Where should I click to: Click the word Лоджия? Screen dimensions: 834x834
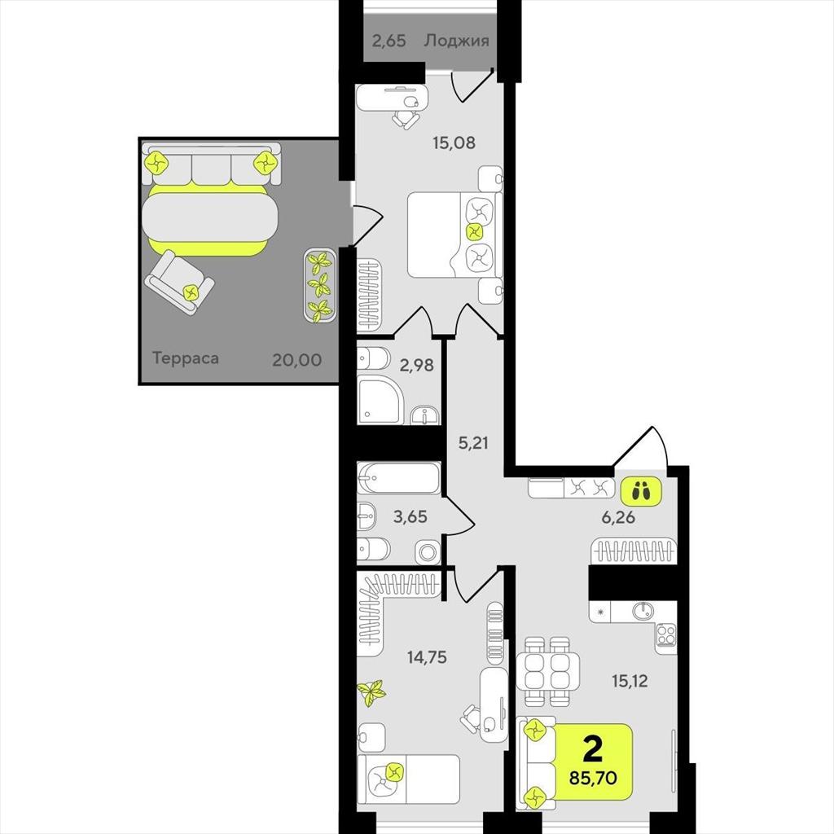pyautogui.click(x=456, y=41)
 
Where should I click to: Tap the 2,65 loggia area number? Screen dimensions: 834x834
pyautogui.click(x=388, y=41)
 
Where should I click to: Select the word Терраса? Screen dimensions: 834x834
pyautogui.click(x=185, y=358)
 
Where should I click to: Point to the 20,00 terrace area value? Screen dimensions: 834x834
pyautogui.click(x=296, y=360)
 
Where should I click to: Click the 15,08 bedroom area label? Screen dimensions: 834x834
pyautogui.click(x=454, y=143)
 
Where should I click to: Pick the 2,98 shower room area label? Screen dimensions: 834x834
pyautogui.click(x=416, y=366)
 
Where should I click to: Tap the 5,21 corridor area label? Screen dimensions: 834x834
pyautogui.click(x=473, y=442)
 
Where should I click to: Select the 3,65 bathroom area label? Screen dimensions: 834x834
pyautogui.click(x=410, y=516)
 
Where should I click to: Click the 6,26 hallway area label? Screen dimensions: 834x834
pyautogui.click(x=618, y=517)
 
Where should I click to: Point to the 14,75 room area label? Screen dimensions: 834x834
pyautogui.click(x=427, y=657)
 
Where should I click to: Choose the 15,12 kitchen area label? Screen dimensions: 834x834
pyautogui.click(x=630, y=681)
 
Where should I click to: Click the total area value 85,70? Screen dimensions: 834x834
pyautogui.click(x=593, y=778)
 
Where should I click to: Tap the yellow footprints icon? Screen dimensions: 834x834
pyautogui.click(x=641, y=491)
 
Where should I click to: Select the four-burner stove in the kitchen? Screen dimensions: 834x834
pyautogui.click(x=666, y=634)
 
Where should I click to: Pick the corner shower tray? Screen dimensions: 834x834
pyautogui.click(x=380, y=399)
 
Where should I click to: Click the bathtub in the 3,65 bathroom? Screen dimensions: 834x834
pyautogui.click(x=399, y=478)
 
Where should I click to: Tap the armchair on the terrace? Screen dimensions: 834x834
pyautogui.click(x=179, y=283)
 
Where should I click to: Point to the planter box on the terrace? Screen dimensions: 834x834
pyautogui.click(x=319, y=286)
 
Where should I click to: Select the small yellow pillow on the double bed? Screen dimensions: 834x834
pyautogui.click(x=474, y=232)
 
